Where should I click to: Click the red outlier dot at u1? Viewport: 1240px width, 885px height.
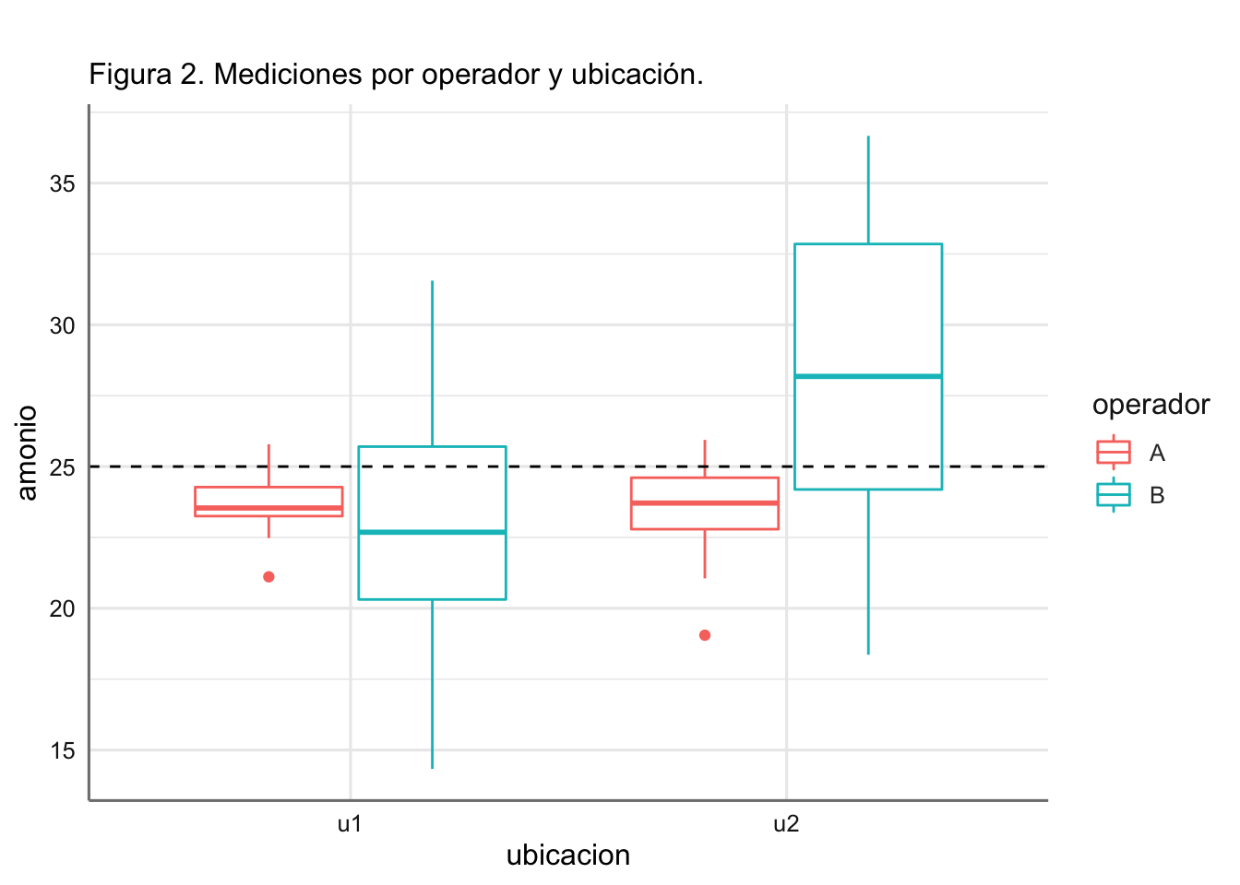[268, 577]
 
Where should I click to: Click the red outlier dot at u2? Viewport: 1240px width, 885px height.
[705, 635]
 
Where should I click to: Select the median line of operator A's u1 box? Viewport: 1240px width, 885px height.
[268, 508]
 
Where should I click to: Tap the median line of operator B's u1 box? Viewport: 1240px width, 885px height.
[432, 532]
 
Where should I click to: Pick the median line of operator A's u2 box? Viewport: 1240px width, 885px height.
[705, 502]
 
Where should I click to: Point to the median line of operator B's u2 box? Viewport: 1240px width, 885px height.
[868, 376]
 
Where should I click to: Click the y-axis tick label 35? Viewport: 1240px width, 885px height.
[63, 184]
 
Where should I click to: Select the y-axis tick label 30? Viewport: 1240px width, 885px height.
[63, 325]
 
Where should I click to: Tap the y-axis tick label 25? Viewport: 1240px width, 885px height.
[63, 467]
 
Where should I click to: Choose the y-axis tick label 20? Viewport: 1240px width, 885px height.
[63, 608]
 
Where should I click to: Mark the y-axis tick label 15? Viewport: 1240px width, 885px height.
[63, 750]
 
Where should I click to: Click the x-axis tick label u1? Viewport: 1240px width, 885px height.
[350, 824]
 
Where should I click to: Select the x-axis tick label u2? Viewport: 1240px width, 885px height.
[786, 824]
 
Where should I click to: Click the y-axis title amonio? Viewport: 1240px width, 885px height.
[28, 453]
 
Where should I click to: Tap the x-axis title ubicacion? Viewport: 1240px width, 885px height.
[568, 855]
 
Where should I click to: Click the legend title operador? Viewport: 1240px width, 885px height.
[1151, 405]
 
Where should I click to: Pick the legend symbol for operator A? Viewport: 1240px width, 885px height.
[1114, 453]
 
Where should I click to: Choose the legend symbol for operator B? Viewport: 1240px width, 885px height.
[1114, 495]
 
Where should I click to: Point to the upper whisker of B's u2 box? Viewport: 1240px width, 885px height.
[868, 190]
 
